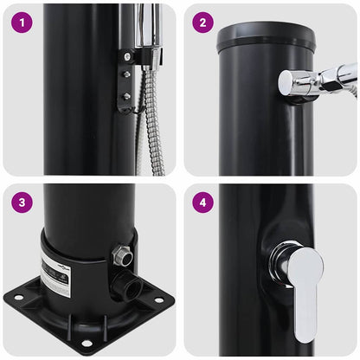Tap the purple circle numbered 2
coord(202,22)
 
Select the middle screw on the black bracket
coord(125,75)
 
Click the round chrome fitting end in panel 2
coord(287,82)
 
